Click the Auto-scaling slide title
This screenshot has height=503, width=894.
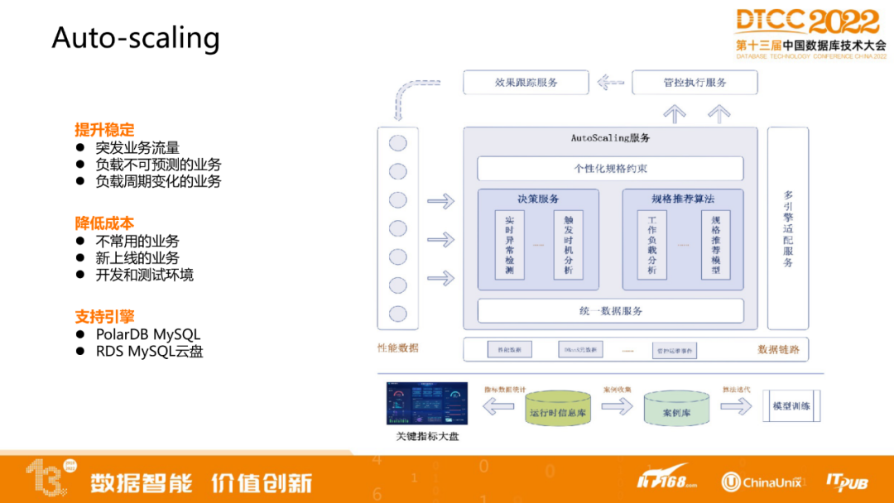136,38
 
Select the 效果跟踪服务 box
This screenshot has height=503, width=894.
526,83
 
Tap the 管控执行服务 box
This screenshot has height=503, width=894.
695,83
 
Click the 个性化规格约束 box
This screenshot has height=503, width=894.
610,169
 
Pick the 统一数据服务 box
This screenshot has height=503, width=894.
610,311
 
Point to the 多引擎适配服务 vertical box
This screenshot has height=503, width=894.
787,228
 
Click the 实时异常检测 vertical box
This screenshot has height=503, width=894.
510,245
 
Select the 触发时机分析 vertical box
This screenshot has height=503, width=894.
569,245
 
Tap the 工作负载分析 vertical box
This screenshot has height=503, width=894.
651,245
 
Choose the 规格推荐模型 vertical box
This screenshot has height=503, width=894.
715,245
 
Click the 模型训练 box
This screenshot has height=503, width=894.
791,406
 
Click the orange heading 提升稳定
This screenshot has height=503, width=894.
104,130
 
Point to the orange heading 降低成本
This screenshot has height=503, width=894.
104,223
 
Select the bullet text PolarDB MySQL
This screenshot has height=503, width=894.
148,335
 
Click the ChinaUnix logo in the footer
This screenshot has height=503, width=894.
762,481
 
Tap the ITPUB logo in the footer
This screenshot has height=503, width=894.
846,481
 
